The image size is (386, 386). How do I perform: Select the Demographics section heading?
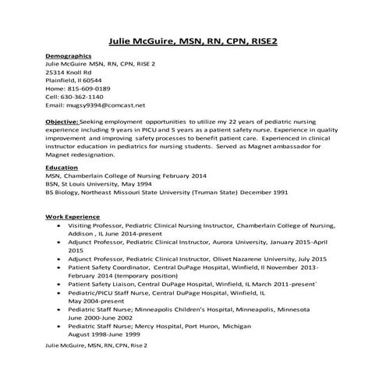click(69, 56)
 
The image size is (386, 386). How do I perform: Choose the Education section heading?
click(62, 167)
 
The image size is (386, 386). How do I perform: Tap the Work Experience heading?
click(73, 216)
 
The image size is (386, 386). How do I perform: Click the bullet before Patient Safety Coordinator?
click(61, 267)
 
